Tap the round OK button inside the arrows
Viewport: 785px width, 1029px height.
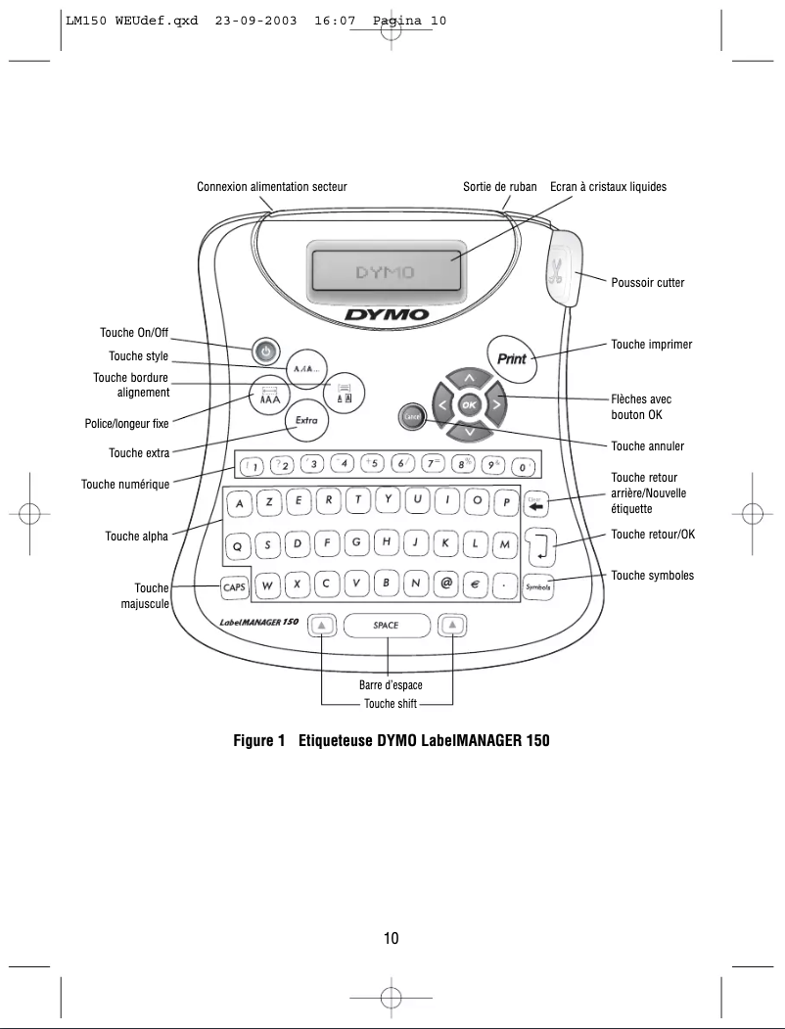click(x=470, y=403)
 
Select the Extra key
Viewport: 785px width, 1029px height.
click(x=306, y=422)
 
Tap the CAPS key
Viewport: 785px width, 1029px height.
click(x=233, y=585)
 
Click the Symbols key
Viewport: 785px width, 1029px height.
click(x=538, y=585)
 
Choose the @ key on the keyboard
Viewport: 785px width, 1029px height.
click(x=446, y=585)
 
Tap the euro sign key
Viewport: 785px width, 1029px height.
click(x=476, y=585)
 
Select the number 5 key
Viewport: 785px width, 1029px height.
click(x=372, y=463)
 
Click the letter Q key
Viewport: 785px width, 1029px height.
click(x=238, y=543)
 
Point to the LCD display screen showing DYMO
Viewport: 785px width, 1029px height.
click(x=385, y=271)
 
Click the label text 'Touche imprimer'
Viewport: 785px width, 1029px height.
click(x=651, y=345)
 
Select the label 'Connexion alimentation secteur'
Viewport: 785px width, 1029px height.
click(x=272, y=186)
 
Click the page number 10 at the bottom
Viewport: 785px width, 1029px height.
click(x=392, y=939)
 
